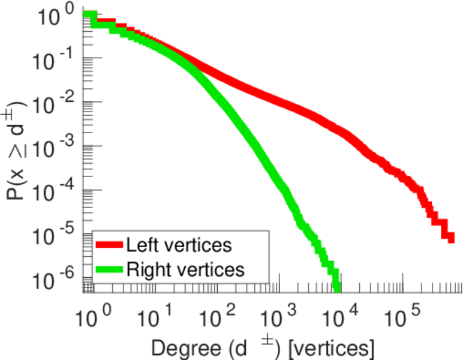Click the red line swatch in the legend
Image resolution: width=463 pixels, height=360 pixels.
(x=109, y=245)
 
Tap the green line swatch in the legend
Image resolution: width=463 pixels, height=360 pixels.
(x=109, y=269)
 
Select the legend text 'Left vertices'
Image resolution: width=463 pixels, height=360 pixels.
(x=179, y=245)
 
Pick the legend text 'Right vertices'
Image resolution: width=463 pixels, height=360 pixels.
(x=185, y=269)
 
